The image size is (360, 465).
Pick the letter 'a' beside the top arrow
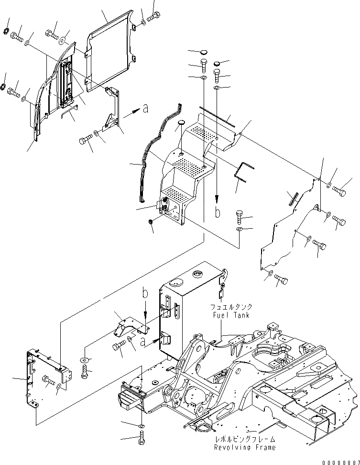[145, 109]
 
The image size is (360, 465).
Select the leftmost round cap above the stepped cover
[181, 123]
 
